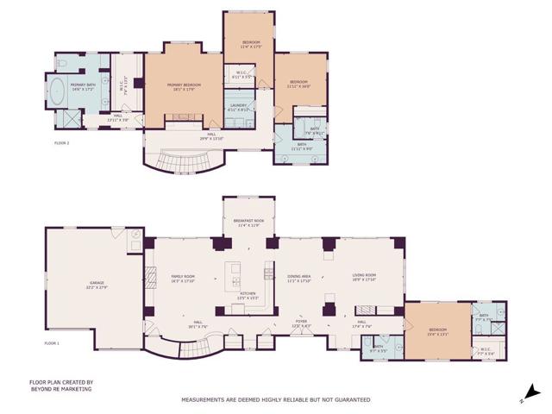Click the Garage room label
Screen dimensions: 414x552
click(x=97, y=284)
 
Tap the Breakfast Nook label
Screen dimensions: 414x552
click(x=248, y=223)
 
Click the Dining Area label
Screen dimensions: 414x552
click(x=299, y=278)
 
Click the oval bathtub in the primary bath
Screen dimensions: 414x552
click(x=60, y=91)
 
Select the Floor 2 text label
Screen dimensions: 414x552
click(x=62, y=143)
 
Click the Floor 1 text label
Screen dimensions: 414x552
click(x=53, y=343)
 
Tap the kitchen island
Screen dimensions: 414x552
click(x=233, y=274)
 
